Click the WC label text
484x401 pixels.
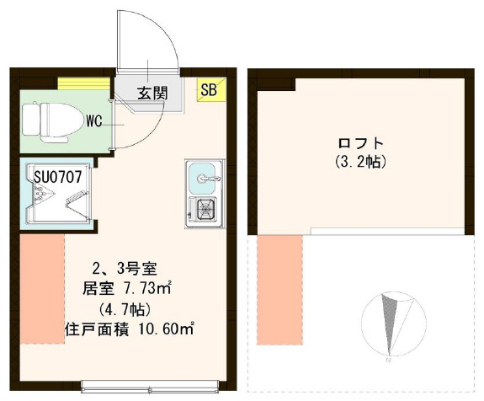93,121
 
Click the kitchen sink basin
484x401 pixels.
204,177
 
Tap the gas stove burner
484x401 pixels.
205,207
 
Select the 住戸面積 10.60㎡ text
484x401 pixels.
128,328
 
